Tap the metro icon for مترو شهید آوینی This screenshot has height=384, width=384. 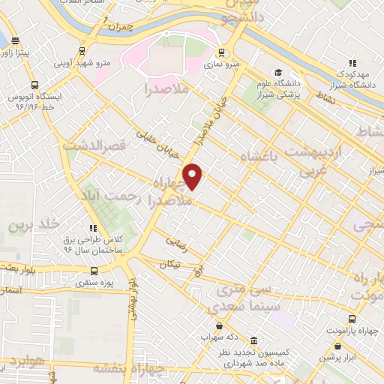pos(81,52)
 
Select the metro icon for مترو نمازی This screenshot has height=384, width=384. pos(221,52)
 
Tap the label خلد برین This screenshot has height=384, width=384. pos(33,223)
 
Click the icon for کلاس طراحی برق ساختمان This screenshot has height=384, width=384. pos(93,229)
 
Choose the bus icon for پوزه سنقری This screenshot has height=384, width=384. pos(94,271)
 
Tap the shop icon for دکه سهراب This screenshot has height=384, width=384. pos(219,326)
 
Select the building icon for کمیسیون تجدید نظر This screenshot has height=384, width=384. pos(254,339)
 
